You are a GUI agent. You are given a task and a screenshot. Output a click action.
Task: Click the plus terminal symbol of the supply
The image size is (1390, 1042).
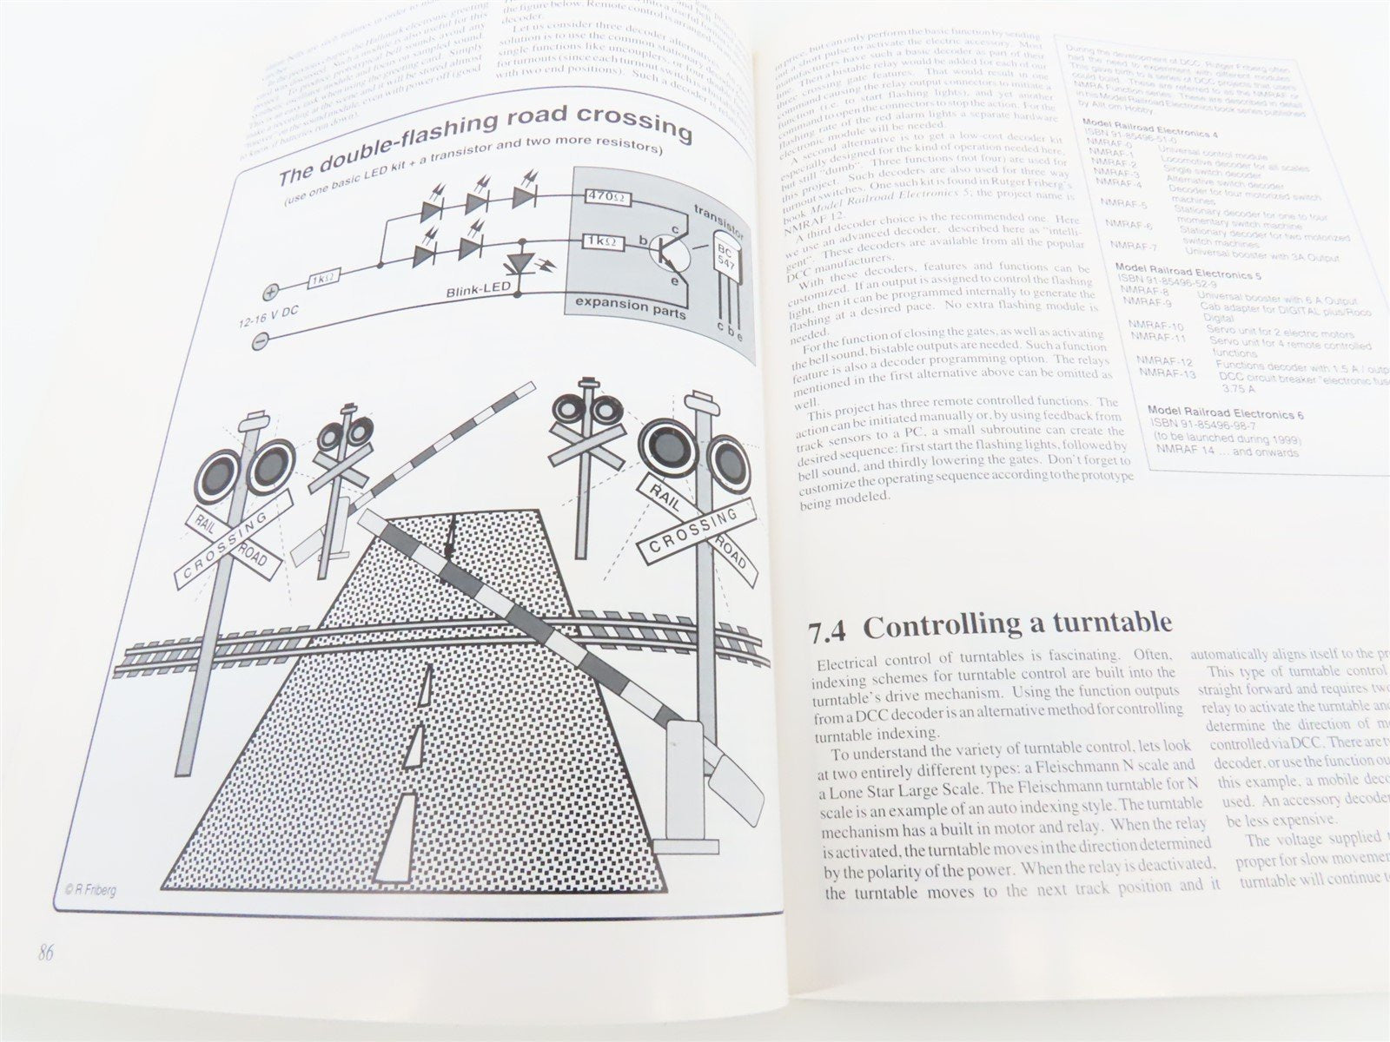(270, 293)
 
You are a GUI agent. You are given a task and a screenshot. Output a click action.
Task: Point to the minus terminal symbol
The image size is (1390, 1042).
(260, 342)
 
